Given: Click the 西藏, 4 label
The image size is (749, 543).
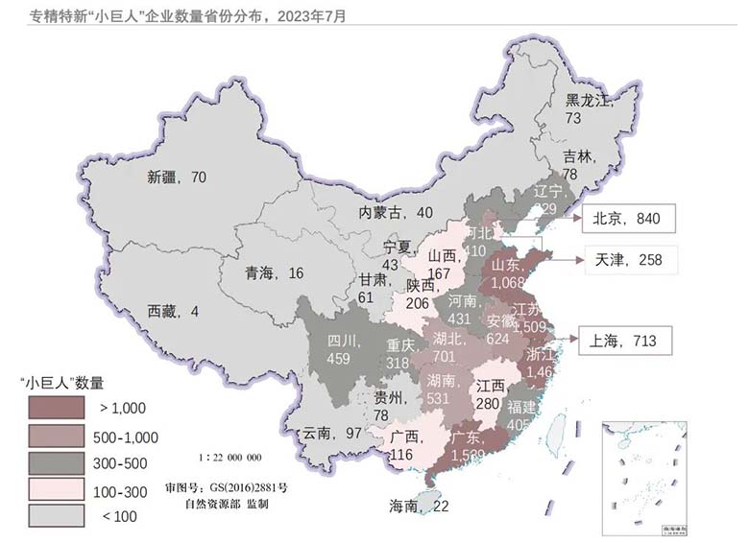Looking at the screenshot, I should tap(173, 311).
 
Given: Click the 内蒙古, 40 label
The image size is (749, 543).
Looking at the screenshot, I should tap(397, 212).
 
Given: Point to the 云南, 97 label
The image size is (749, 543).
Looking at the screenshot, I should tap(333, 433).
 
